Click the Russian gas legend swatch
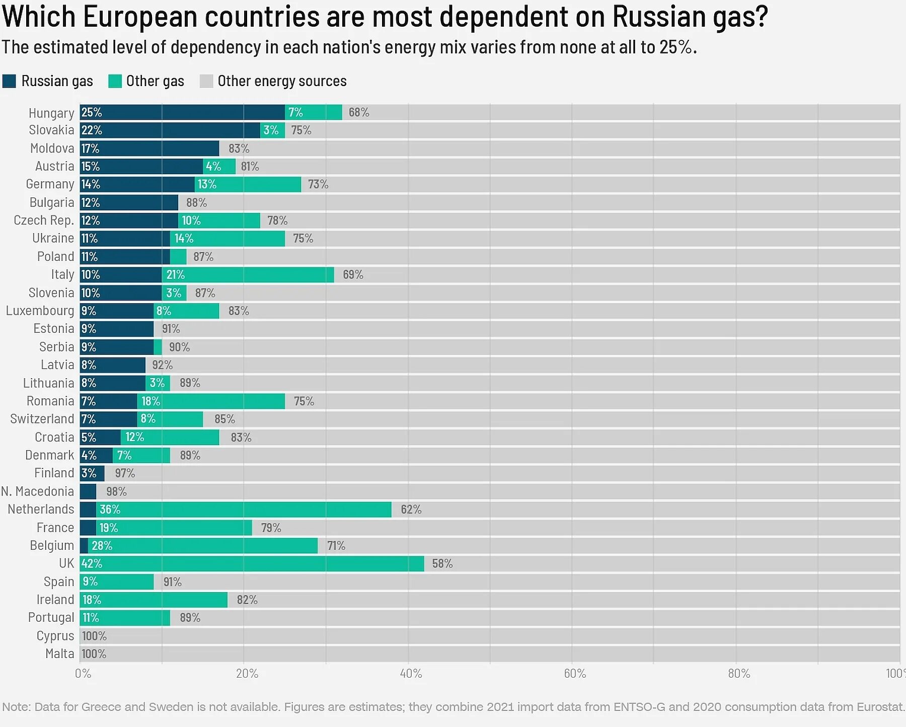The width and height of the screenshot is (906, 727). tap(9, 81)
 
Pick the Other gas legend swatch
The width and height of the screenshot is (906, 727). tap(115, 81)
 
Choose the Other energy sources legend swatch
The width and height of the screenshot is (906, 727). tap(206, 81)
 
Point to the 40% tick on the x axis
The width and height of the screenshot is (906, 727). tap(411, 674)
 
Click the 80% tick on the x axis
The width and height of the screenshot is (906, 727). tap(738, 674)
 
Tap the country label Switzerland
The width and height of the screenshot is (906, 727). tap(42, 419)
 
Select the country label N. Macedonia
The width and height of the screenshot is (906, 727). tap(38, 491)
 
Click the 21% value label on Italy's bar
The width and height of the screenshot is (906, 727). tap(176, 275)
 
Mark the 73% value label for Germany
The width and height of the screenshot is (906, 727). tap(318, 184)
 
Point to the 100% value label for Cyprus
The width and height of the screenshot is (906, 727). tap(94, 636)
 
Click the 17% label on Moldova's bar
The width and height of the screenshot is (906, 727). tap(91, 149)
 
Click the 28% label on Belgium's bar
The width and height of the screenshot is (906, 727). tap(102, 546)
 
